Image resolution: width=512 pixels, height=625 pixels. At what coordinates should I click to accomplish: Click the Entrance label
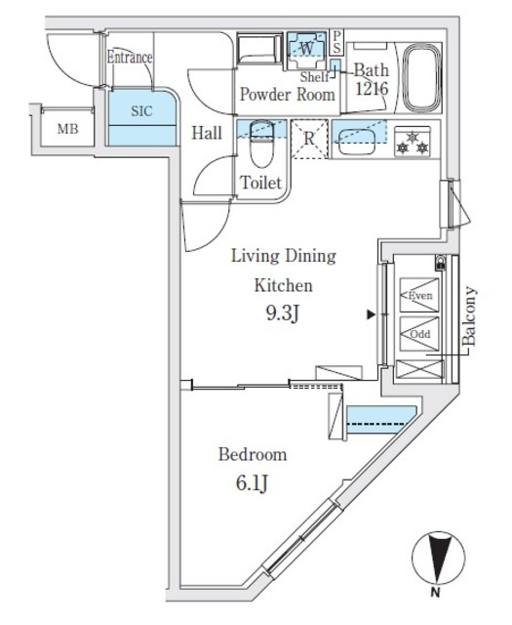click(130, 58)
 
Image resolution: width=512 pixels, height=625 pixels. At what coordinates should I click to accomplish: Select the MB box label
click(67, 128)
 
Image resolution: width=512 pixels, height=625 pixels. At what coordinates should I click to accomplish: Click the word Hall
click(205, 133)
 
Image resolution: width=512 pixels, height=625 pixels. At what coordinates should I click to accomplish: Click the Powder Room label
click(288, 95)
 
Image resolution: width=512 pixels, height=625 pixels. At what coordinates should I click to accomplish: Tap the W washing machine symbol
click(306, 47)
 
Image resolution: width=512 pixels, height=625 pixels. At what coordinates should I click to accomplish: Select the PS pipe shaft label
click(337, 40)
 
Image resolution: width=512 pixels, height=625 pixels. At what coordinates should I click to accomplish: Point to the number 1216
click(372, 89)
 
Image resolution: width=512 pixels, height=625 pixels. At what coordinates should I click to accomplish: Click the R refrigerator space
click(308, 139)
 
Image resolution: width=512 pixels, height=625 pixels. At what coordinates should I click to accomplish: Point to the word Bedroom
click(252, 454)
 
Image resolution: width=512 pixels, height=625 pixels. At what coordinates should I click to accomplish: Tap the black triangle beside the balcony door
click(371, 315)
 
